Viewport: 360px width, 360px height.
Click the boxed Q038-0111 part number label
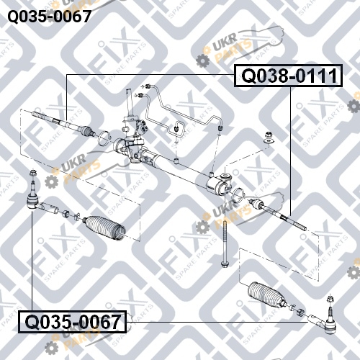coord(288,76)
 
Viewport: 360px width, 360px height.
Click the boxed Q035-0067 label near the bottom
coord(73,322)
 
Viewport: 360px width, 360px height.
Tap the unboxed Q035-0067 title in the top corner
coord(50,17)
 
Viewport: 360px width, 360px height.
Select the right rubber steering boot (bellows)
coord(266,294)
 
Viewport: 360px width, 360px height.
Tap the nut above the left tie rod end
coord(32,173)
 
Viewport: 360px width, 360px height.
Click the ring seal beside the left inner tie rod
coord(104,138)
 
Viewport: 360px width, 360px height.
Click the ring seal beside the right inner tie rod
coord(238,195)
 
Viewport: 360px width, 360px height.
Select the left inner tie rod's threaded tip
coord(39,115)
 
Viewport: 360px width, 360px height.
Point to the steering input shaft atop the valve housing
coord(130,103)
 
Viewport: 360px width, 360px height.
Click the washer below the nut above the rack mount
coord(269,141)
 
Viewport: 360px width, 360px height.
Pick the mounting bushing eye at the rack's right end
coord(226,178)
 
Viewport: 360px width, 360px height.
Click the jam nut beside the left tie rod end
coord(66,213)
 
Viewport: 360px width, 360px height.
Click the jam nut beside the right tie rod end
coord(300,312)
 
